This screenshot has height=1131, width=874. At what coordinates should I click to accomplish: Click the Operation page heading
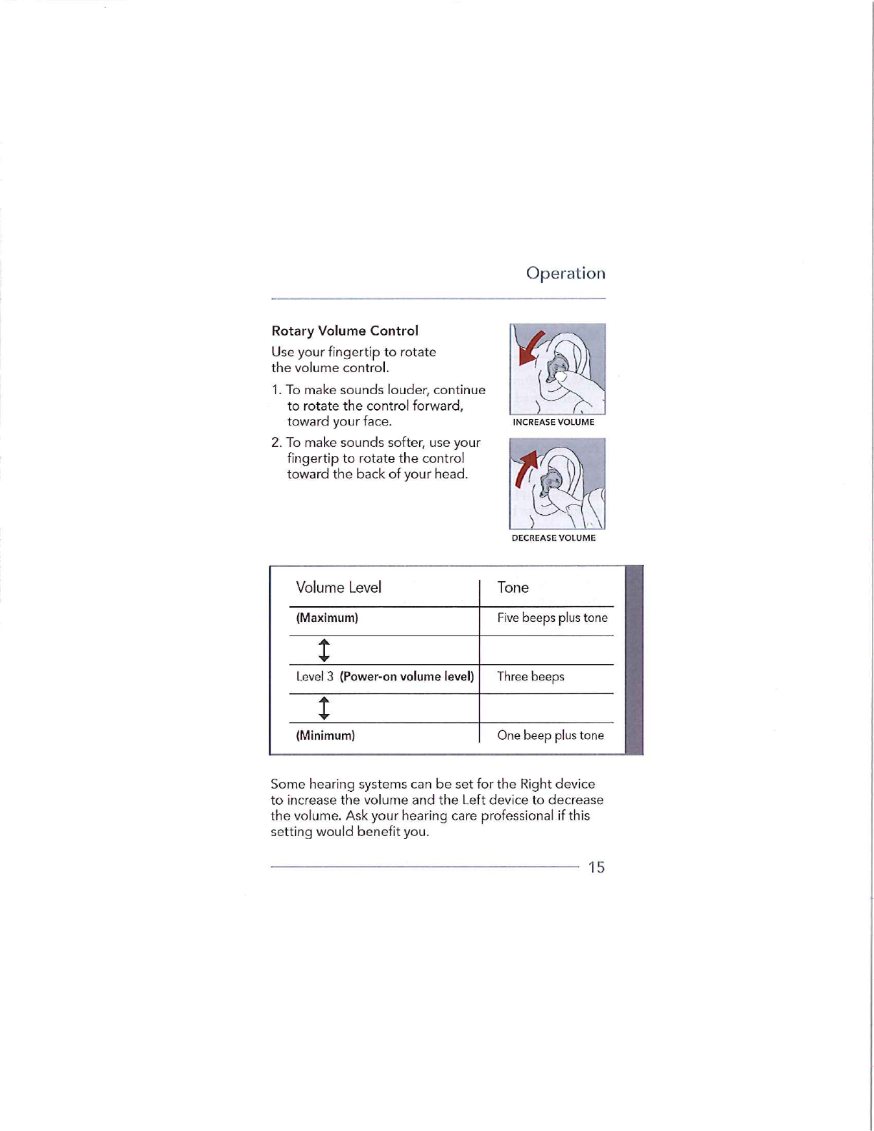tap(566, 273)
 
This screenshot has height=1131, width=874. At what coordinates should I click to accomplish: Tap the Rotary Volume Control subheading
tap(345, 331)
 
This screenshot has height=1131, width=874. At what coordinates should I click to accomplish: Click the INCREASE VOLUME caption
tap(553, 422)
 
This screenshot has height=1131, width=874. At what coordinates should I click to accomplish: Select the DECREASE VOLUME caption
tap(553, 538)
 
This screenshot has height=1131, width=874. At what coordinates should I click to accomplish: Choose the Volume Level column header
tap(338, 587)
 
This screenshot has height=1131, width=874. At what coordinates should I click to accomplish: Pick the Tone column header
tap(513, 587)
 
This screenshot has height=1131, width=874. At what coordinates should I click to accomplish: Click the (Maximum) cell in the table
tap(327, 618)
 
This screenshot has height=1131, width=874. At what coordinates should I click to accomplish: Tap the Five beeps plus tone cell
tap(552, 618)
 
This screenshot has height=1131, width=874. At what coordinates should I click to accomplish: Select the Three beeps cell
tap(531, 676)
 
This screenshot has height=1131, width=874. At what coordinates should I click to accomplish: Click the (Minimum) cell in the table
tap(326, 735)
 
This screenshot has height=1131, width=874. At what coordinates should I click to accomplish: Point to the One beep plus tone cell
tap(551, 735)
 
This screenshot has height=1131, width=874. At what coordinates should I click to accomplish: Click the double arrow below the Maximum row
tap(324, 650)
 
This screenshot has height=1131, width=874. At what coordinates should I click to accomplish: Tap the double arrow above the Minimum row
tap(324, 708)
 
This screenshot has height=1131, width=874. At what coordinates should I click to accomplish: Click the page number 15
tap(596, 867)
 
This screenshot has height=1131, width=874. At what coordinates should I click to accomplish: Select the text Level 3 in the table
tap(315, 676)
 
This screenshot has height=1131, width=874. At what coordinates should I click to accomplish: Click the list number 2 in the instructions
tap(276, 443)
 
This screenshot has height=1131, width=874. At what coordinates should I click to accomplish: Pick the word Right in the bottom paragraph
tap(536, 784)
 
